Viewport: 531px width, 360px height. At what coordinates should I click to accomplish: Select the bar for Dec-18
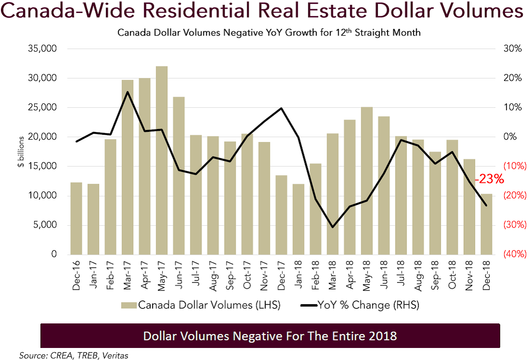pyautogui.click(x=486, y=224)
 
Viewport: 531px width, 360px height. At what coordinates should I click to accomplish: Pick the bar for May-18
pyautogui.click(x=367, y=181)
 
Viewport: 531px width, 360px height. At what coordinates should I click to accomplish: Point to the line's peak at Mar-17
pyautogui.click(x=127, y=92)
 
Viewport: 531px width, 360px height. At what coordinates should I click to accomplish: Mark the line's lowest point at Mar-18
pyautogui.click(x=332, y=227)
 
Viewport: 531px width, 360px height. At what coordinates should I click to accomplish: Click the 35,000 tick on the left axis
pyautogui.click(x=44, y=49)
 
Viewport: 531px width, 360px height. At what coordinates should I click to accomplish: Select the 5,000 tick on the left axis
pyautogui.click(x=46, y=225)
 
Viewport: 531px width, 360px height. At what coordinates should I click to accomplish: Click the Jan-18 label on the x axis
pyautogui.click(x=298, y=277)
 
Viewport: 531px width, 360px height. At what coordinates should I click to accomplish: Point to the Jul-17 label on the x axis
pyautogui.click(x=196, y=277)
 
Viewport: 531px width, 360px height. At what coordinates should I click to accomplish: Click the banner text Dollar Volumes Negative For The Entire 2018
pyautogui.click(x=270, y=335)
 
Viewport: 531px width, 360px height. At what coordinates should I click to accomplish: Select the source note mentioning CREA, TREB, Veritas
pyautogui.click(x=74, y=355)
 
